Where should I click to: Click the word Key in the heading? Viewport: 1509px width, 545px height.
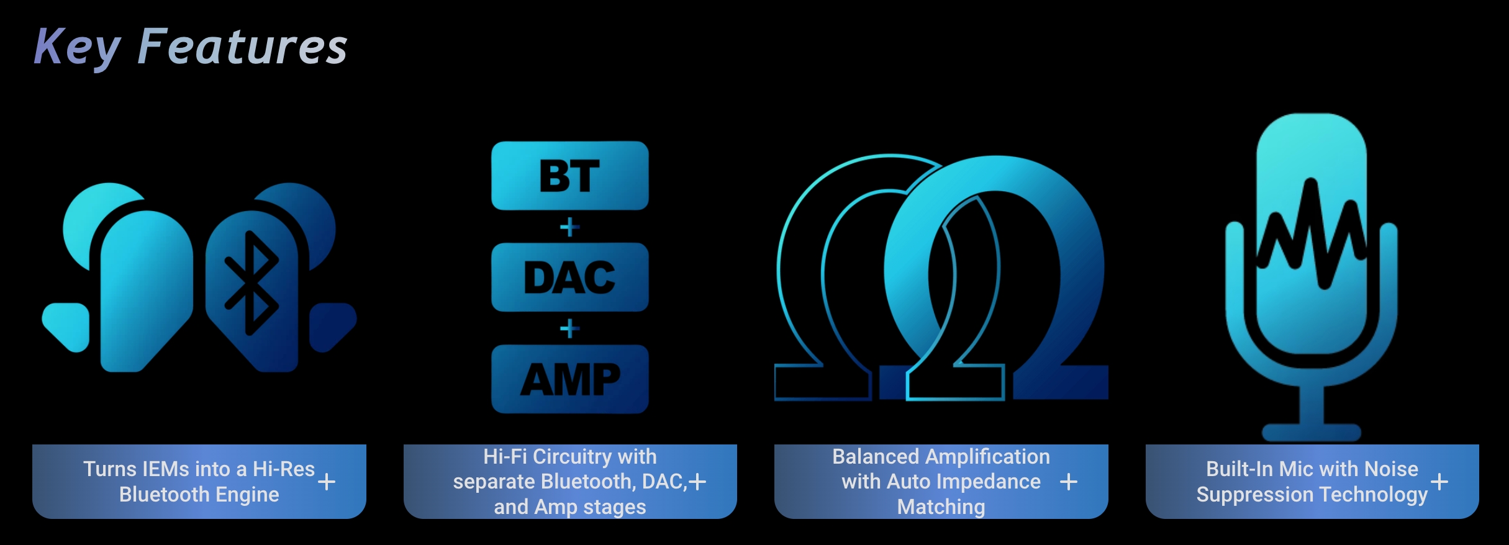78,47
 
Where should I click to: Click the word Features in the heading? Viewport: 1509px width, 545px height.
242,47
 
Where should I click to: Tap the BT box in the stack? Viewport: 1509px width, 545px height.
570,176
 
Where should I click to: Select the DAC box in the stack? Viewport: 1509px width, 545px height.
570,277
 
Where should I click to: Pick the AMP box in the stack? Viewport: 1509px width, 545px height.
570,379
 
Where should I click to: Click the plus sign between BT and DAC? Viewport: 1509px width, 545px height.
569,227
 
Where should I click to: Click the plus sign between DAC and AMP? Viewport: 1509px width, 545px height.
569,328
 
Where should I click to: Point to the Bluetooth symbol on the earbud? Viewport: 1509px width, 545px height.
251,283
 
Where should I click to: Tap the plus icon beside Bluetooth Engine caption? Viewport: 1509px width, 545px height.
327,482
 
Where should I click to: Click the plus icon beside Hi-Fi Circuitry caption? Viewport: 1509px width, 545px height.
697,482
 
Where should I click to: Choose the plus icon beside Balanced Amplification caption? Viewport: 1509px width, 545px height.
1069,482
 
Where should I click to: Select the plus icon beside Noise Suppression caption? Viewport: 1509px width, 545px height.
1439,482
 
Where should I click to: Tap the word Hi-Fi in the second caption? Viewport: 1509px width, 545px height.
505,457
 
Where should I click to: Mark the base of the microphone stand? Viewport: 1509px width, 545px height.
1312,432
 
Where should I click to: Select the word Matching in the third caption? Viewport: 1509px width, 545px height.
941,507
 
